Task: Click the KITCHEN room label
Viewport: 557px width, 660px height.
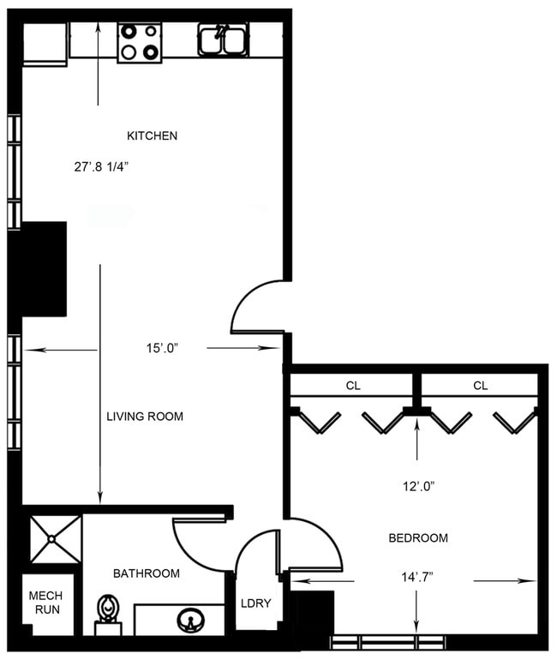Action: click(152, 135)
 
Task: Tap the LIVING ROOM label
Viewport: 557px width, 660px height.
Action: click(145, 417)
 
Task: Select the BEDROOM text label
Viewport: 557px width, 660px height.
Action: click(418, 538)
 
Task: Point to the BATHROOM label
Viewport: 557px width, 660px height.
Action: click(147, 573)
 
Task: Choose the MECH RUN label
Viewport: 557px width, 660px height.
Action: click(45, 603)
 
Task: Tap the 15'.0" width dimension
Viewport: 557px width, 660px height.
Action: click(162, 348)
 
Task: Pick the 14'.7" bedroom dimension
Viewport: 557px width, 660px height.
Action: click(416, 576)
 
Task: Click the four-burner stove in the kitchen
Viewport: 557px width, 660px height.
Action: click(140, 42)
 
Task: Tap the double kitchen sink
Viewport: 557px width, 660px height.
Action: click(223, 39)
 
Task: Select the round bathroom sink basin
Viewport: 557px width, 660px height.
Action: click(189, 619)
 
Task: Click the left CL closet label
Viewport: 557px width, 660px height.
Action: click(352, 386)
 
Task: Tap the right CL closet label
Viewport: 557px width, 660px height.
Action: click(480, 386)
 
